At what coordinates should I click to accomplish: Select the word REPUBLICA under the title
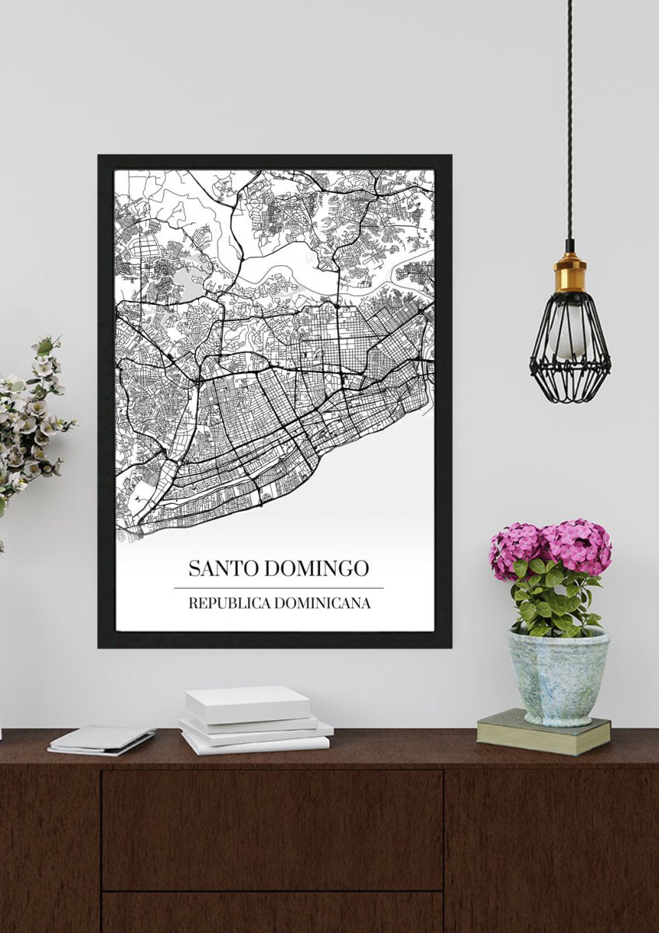(x=226, y=603)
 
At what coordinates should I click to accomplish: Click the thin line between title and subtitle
(x=278, y=588)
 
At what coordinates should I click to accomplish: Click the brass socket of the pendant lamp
(x=570, y=272)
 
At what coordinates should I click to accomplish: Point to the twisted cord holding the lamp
(x=570, y=117)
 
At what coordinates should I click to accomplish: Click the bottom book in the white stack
(x=256, y=742)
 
